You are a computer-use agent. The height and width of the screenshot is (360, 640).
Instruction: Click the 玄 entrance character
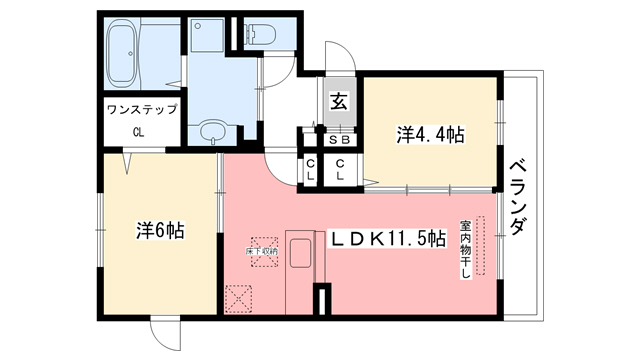click(x=338, y=101)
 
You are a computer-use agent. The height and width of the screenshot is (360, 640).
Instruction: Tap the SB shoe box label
click(x=339, y=141)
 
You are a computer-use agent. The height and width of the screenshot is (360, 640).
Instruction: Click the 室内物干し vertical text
click(x=465, y=250)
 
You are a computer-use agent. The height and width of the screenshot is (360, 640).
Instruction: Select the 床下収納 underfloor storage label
click(x=262, y=251)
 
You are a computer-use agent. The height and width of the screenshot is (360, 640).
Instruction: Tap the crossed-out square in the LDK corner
click(x=240, y=298)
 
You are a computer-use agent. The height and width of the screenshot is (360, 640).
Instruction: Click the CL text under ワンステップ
click(x=140, y=131)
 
